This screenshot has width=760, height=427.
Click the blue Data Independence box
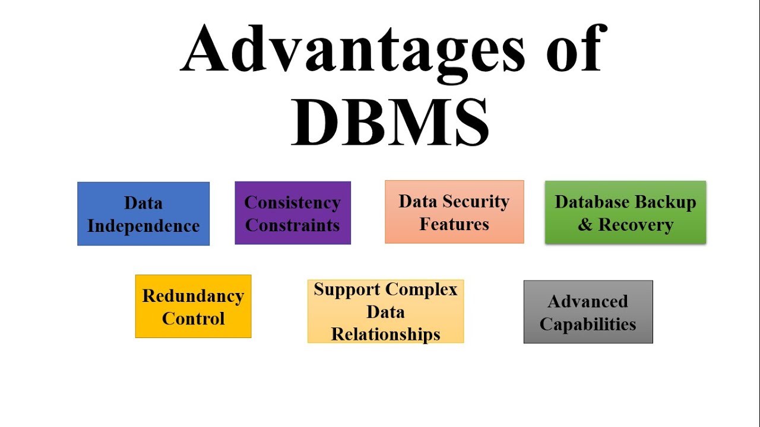143,213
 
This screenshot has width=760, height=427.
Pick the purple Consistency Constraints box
293,213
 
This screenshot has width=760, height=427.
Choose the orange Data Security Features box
454,212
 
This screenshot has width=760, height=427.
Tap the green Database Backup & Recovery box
625,212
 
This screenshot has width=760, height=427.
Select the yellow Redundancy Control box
193,307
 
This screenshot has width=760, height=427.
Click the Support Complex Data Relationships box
385,311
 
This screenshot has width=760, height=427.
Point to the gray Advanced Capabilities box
588,312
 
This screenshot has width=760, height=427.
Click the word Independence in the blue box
143,226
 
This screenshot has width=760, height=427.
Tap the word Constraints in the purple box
293,225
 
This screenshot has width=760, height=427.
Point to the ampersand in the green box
585,225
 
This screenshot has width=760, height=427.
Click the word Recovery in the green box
635,225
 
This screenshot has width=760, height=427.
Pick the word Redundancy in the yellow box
193,296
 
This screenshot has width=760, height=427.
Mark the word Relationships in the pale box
385,334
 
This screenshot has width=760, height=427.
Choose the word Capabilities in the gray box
588,324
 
